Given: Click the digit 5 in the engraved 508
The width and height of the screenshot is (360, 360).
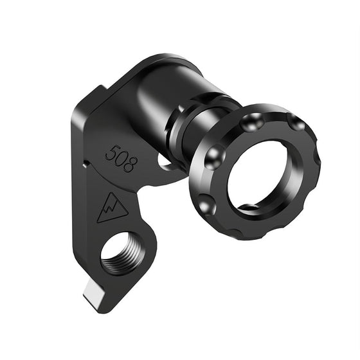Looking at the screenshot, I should (x=111, y=154).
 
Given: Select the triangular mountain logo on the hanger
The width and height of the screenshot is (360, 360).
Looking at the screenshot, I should (x=111, y=207).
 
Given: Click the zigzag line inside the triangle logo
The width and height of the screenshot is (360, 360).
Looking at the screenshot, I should (x=111, y=208).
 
